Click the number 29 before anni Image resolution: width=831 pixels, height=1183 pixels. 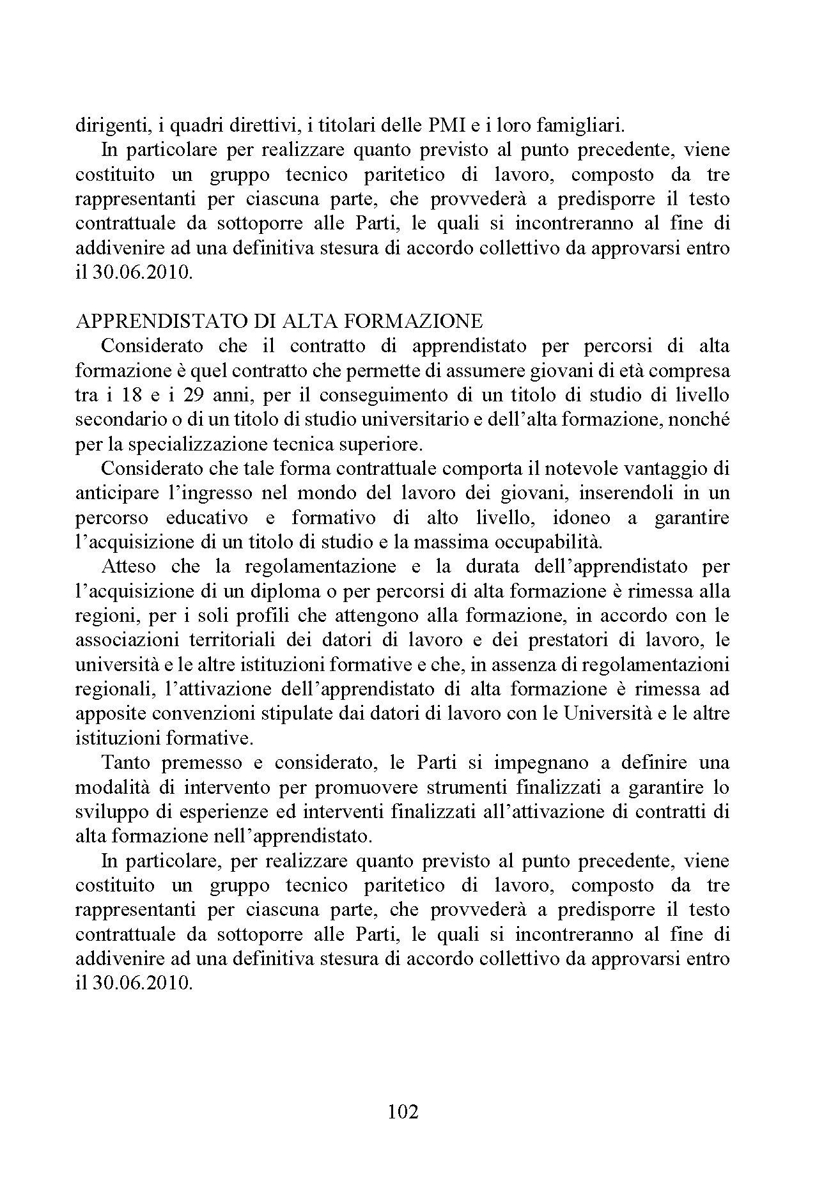coord(194,396)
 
